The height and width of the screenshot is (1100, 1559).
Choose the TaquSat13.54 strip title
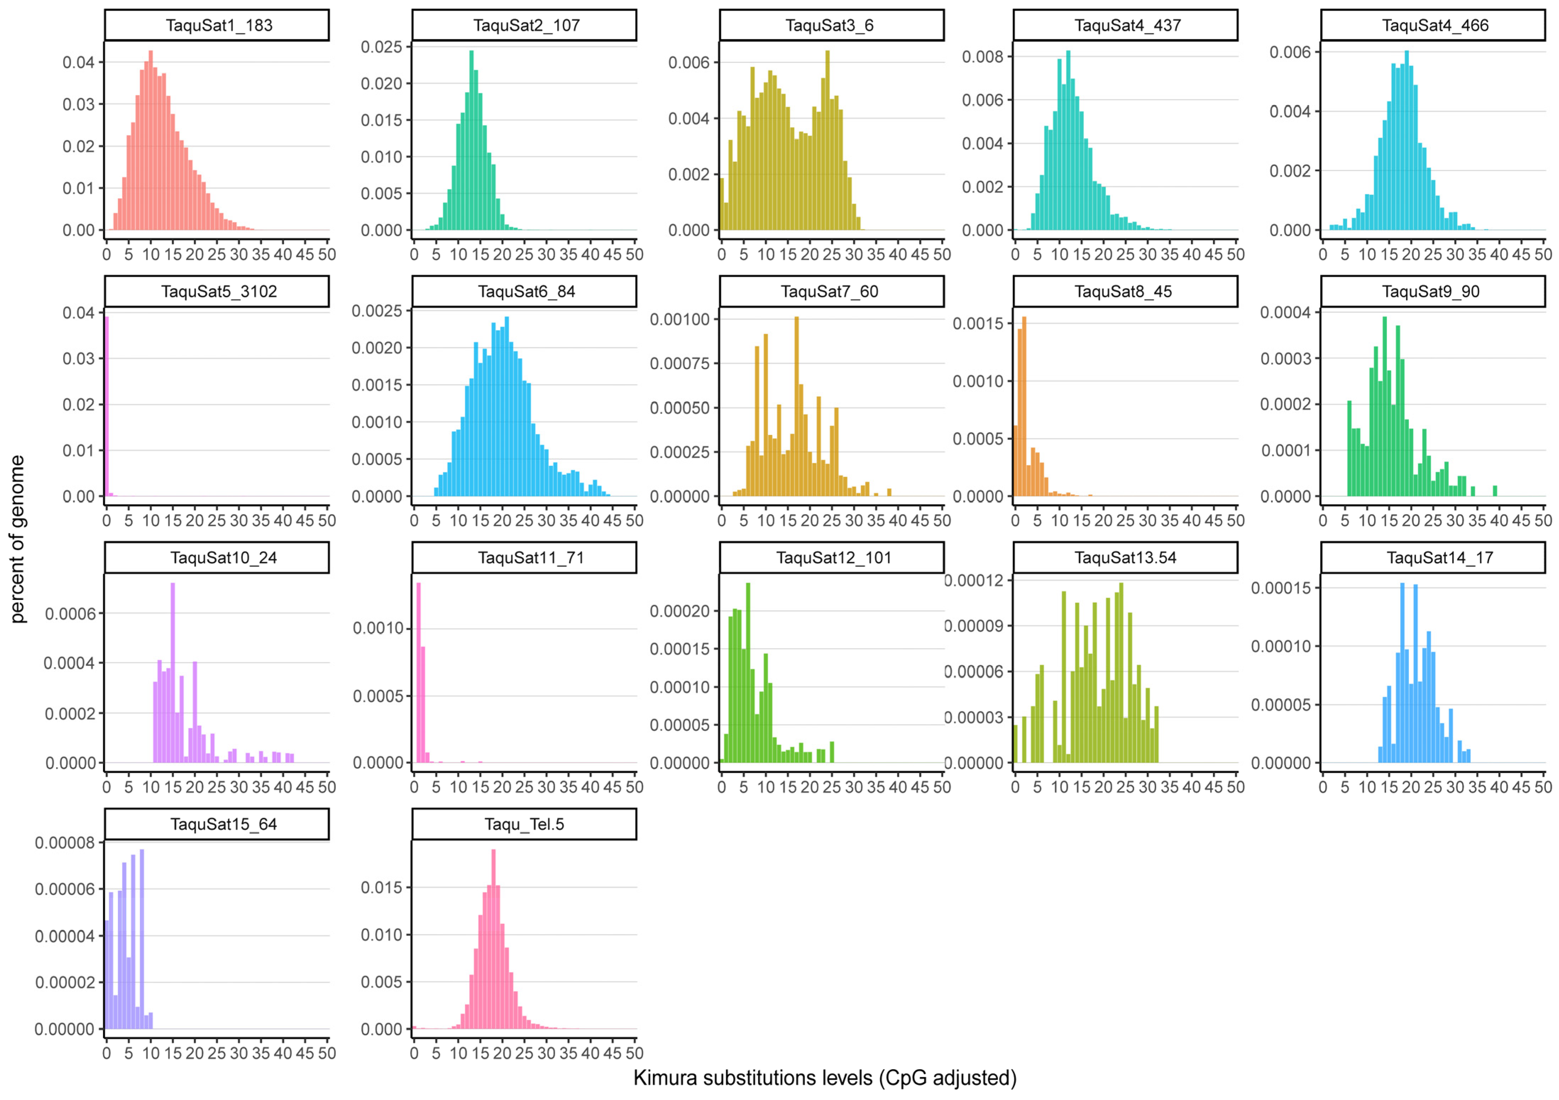click(x=1125, y=558)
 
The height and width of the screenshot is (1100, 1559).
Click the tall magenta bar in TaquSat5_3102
click(x=106, y=408)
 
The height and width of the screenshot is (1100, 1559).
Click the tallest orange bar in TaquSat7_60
click(x=797, y=408)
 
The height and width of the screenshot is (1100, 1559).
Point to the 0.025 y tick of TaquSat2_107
click(x=382, y=47)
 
